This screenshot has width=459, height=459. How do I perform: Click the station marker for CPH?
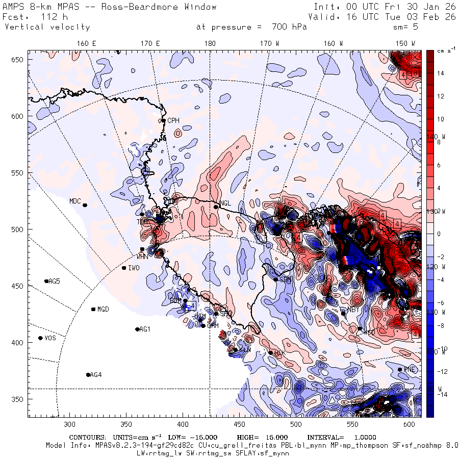(163, 120)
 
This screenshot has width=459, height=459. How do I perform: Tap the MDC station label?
(75, 201)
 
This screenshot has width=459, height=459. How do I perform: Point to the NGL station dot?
(216, 207)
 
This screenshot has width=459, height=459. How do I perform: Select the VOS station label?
(50, 338)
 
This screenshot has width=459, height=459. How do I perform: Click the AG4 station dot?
(88, 375)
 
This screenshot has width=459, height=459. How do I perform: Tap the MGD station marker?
(93, 309)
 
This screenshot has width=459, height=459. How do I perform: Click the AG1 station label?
(145, 329)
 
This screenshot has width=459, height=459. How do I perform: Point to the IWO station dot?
(124, 268)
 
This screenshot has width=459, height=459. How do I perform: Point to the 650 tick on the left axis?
(19, 60)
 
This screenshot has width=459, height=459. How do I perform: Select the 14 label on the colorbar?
(441, 73)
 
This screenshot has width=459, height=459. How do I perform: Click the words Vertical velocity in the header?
(47, 27)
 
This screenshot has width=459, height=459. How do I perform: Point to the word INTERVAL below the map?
(325, 438)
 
